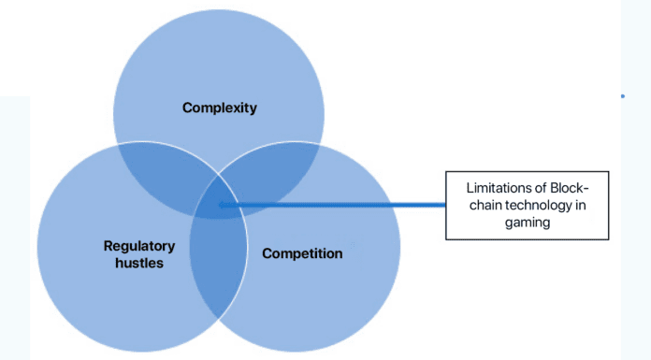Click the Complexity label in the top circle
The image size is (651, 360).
[x=220, y=108]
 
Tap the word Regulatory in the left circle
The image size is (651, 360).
[x=139, y=246]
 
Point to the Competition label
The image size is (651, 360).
[x=302, y=253]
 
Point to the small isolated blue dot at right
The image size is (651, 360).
[x=622, y=96]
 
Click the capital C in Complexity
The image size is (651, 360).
[x=187, y=108]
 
